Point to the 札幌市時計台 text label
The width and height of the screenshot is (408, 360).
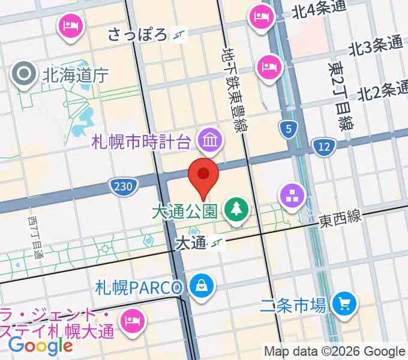pos(142,142)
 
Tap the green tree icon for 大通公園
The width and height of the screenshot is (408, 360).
pos(235,210)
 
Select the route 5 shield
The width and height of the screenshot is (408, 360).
pos(289,128)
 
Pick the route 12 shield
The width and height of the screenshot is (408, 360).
pos(324,146)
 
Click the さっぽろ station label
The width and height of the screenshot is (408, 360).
pos(137,35)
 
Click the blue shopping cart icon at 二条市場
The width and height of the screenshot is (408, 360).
pos(344,303)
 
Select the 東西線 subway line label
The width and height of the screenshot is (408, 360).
pos(340,219)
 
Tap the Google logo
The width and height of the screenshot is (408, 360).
pos(40,346)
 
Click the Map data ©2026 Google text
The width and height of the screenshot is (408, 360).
pos(335,352)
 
